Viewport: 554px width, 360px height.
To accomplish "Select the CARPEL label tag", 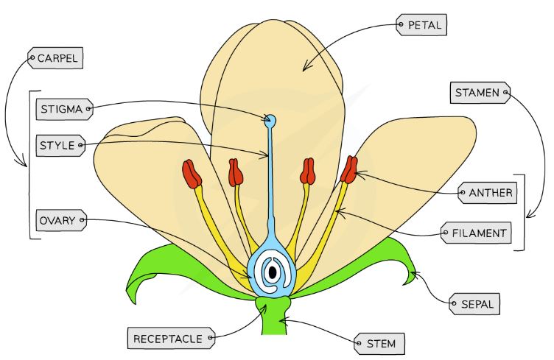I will pyautogui.click(x=55, y=57).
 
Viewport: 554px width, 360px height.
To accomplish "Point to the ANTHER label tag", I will pyautogui.click(x=486, y=194).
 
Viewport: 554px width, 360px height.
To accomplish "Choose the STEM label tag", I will pyautogui.click(x=376, y=343).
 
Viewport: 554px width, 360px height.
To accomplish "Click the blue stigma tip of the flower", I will pyautogui.click(x=270, y=120).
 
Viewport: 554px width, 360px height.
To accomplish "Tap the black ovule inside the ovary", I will pyautogui.click(x=273, y=273).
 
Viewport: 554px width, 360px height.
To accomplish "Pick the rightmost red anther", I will pyautogui.click(x=348, y=169).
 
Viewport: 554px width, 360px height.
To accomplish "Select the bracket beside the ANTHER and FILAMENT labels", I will pyautogui.click(x=522, y=213).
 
